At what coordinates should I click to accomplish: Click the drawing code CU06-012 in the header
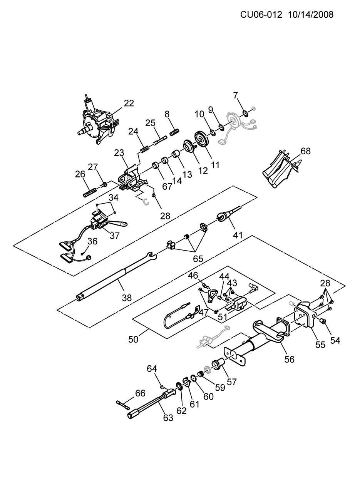pos(261,15)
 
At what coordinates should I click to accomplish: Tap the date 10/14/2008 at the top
pos(310,15)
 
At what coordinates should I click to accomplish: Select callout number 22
pos(129,103)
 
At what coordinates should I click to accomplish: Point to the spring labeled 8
pos(174,132)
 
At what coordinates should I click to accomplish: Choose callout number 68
pos(306,151)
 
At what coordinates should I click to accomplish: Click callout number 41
pos(238,235)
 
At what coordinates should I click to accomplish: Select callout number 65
pos(198,259)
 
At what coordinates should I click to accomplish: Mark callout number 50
pos(133,339)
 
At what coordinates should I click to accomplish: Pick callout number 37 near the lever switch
pos(115,236)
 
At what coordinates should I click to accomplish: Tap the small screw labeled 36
pos(82,254)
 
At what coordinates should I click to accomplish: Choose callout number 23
pos(119,153)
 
